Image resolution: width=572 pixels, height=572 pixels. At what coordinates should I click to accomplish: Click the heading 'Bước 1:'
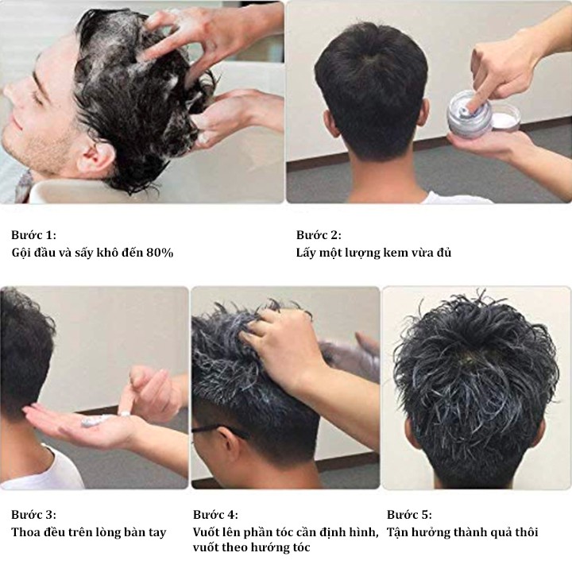(x=33, y=234)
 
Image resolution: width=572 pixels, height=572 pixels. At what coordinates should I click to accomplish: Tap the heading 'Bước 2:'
(x=319, y=234)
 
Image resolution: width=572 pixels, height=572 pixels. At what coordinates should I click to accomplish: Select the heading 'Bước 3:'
(x=33, y=514)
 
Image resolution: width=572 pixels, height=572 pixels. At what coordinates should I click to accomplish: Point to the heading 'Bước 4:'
(x=215, y=514)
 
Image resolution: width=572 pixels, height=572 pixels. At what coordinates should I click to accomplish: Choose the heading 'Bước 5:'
(x=409, y=514)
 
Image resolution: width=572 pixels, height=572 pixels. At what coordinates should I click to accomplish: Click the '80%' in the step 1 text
(x=160, y=253)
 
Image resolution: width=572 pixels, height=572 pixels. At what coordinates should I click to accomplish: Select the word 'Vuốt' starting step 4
(x=207, y=531)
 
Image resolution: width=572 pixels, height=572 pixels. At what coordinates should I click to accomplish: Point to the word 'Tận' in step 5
(x=397, y=531)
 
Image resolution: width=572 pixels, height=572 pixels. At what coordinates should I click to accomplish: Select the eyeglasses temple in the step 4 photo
(x=219, y=430)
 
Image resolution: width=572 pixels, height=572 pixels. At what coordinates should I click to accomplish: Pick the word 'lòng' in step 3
(x=108, y=532)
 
